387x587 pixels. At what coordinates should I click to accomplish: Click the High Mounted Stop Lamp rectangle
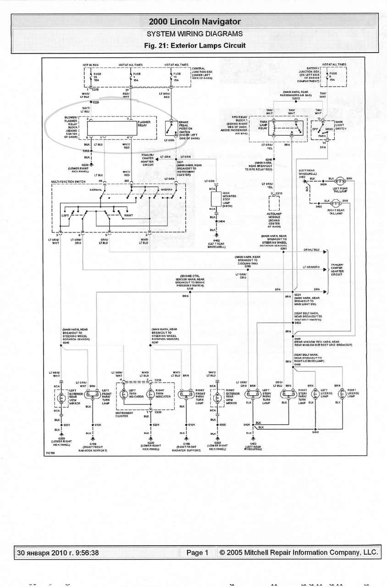click(x=216, y=199)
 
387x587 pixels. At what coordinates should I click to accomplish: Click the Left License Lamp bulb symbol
click(x=315, y=393)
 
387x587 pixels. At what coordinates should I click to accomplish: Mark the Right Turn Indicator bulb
click(x=150, y=393)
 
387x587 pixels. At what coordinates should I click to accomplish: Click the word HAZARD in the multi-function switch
click(x=166, y=189)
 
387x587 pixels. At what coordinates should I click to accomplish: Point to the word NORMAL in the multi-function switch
click(x=96, y=189)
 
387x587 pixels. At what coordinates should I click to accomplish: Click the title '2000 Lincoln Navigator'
click(x=194, y=22)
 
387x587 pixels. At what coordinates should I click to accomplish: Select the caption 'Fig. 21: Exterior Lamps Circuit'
click(x=194, y=45)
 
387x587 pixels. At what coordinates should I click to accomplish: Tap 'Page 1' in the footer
click(x=197, y=553)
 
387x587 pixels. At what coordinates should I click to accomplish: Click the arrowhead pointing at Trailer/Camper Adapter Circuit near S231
click(x=157, y=158)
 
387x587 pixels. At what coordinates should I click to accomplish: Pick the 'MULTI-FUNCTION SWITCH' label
click(x=69, y=182)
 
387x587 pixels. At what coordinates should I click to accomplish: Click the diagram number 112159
click(x=50, y=453)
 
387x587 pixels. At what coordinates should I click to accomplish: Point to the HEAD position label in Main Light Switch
click(x=329, y=130)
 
